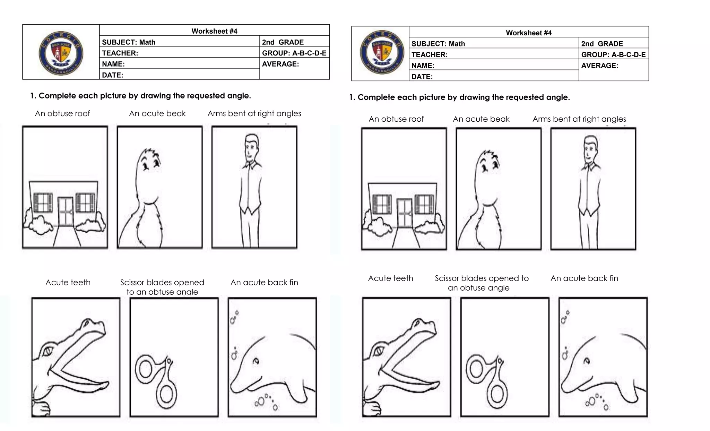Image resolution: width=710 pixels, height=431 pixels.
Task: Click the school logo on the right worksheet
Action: pos(382,52)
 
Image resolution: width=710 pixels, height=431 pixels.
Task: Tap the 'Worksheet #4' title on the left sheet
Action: pos(214,31)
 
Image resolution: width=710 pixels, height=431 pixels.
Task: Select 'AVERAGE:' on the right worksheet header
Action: pos(599,66)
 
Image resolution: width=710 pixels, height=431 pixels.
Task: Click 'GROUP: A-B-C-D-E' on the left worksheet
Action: pos(294,53)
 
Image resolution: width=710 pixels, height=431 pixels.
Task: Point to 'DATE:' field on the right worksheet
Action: pos(422,77)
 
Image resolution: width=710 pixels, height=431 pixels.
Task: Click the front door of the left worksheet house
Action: pos(66,212)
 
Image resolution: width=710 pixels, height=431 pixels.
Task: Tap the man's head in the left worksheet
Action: pos(251,146)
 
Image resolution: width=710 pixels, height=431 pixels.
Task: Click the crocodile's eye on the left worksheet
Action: pos(47,351)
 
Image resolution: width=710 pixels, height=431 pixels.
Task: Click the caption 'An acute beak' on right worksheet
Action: pos(481,119)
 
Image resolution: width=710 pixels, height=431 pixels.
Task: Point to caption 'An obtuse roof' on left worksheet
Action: pos(62,113)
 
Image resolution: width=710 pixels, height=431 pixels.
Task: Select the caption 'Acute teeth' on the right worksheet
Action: pos(390,278)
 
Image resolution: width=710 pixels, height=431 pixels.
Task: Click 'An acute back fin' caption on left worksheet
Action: pos(264,282)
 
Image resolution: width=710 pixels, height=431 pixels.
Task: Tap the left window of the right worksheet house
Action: pos(382,204)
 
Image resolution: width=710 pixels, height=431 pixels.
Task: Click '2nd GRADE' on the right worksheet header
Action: pos(602,44)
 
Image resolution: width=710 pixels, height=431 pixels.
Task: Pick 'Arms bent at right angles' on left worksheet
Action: pos(254,113)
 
